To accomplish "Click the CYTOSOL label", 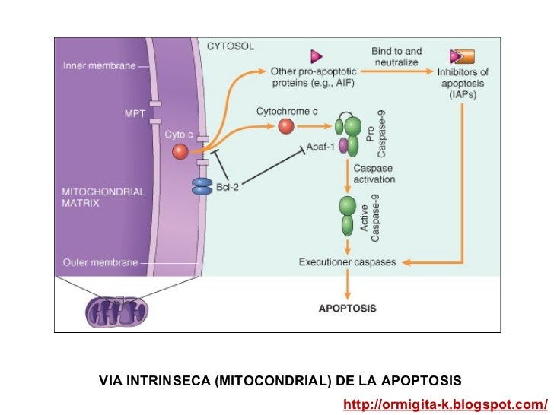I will pyautogui.click(x=231, y=46).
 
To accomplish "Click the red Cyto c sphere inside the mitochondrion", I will pyautogui.click(x=180, y=152).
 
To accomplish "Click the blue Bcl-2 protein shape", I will pyautogui.click(x=202, y=187).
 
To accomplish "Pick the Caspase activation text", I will pyautogui.click(x=374, y=174).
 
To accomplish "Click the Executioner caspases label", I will pyautogui.click(x=348, y=263).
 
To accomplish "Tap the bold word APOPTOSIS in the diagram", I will pyautogui.click(x=347, y=309).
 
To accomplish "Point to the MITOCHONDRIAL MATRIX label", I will pyautogui.click(x=103, y=198).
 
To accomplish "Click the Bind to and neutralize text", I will pyautogui.click(x=396, y=56).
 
